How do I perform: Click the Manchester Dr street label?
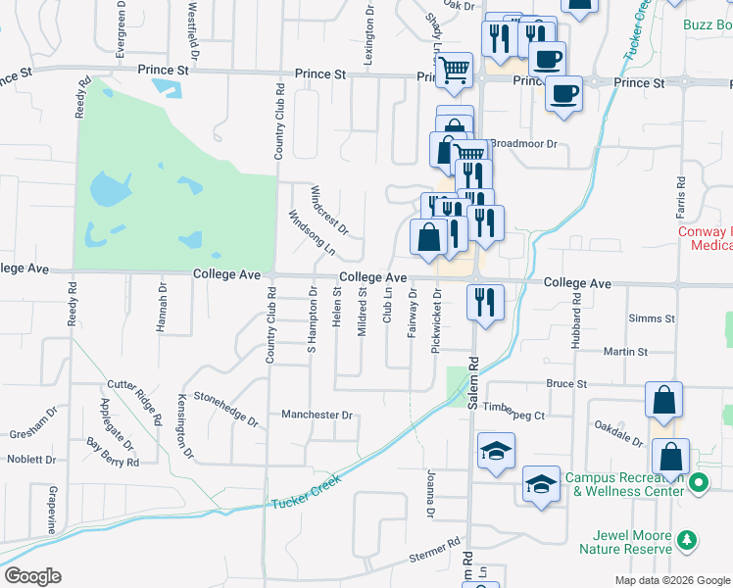tap(317, 416)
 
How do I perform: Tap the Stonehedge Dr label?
tap(224, 409)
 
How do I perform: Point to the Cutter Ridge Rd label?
tap(134, 403)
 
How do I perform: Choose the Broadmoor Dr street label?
tap(523, 143)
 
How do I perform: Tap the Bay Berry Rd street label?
tap(110, 451)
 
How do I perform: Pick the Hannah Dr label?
tap(162, 309)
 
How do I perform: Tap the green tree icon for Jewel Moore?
tap(689, 538)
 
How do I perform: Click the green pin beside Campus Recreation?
tap(699, 482)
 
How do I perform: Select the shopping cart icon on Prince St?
tap(454, 71)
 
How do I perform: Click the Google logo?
tap(32, 576)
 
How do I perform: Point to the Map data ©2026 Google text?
tap(671, 580)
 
